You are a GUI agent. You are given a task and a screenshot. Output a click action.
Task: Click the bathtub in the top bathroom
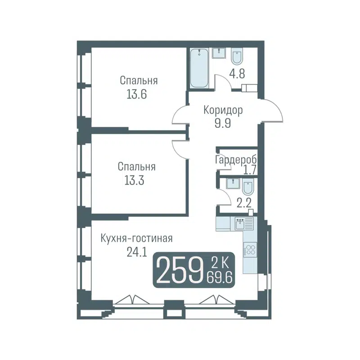[199, 69]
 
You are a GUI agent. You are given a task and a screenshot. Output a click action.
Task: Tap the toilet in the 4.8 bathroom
[238, 58]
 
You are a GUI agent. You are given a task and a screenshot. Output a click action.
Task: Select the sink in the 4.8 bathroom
[220, 53]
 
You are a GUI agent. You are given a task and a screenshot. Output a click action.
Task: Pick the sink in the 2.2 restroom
[232, 184]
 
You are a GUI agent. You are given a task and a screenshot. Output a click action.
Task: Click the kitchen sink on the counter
[240, 222]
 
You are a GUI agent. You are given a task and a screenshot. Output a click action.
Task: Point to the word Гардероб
[236, 160]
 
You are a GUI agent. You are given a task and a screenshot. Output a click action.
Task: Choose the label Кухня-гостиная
[137, 238]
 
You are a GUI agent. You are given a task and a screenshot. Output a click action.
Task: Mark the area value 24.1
[137, 252]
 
